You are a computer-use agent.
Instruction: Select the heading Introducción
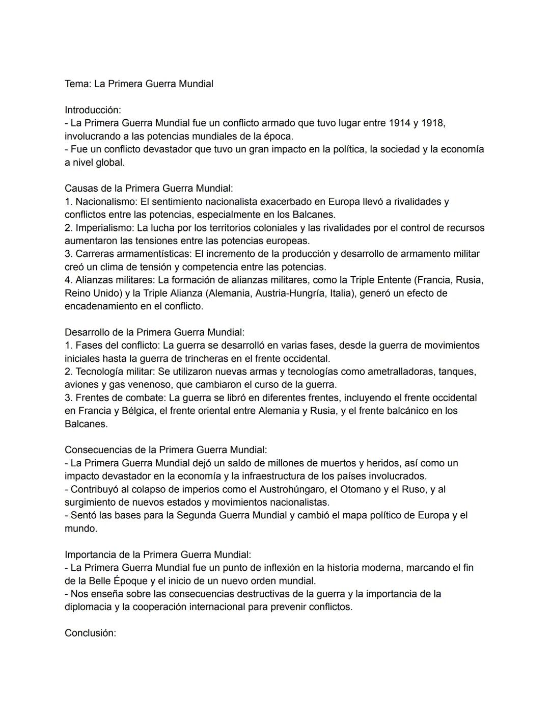pos(93,110)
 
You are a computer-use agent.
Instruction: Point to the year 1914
pos(399,123)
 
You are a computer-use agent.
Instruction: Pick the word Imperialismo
pos(105,228)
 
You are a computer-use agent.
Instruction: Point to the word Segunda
pos(196,515)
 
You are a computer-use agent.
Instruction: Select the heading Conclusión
pos(90,633)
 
